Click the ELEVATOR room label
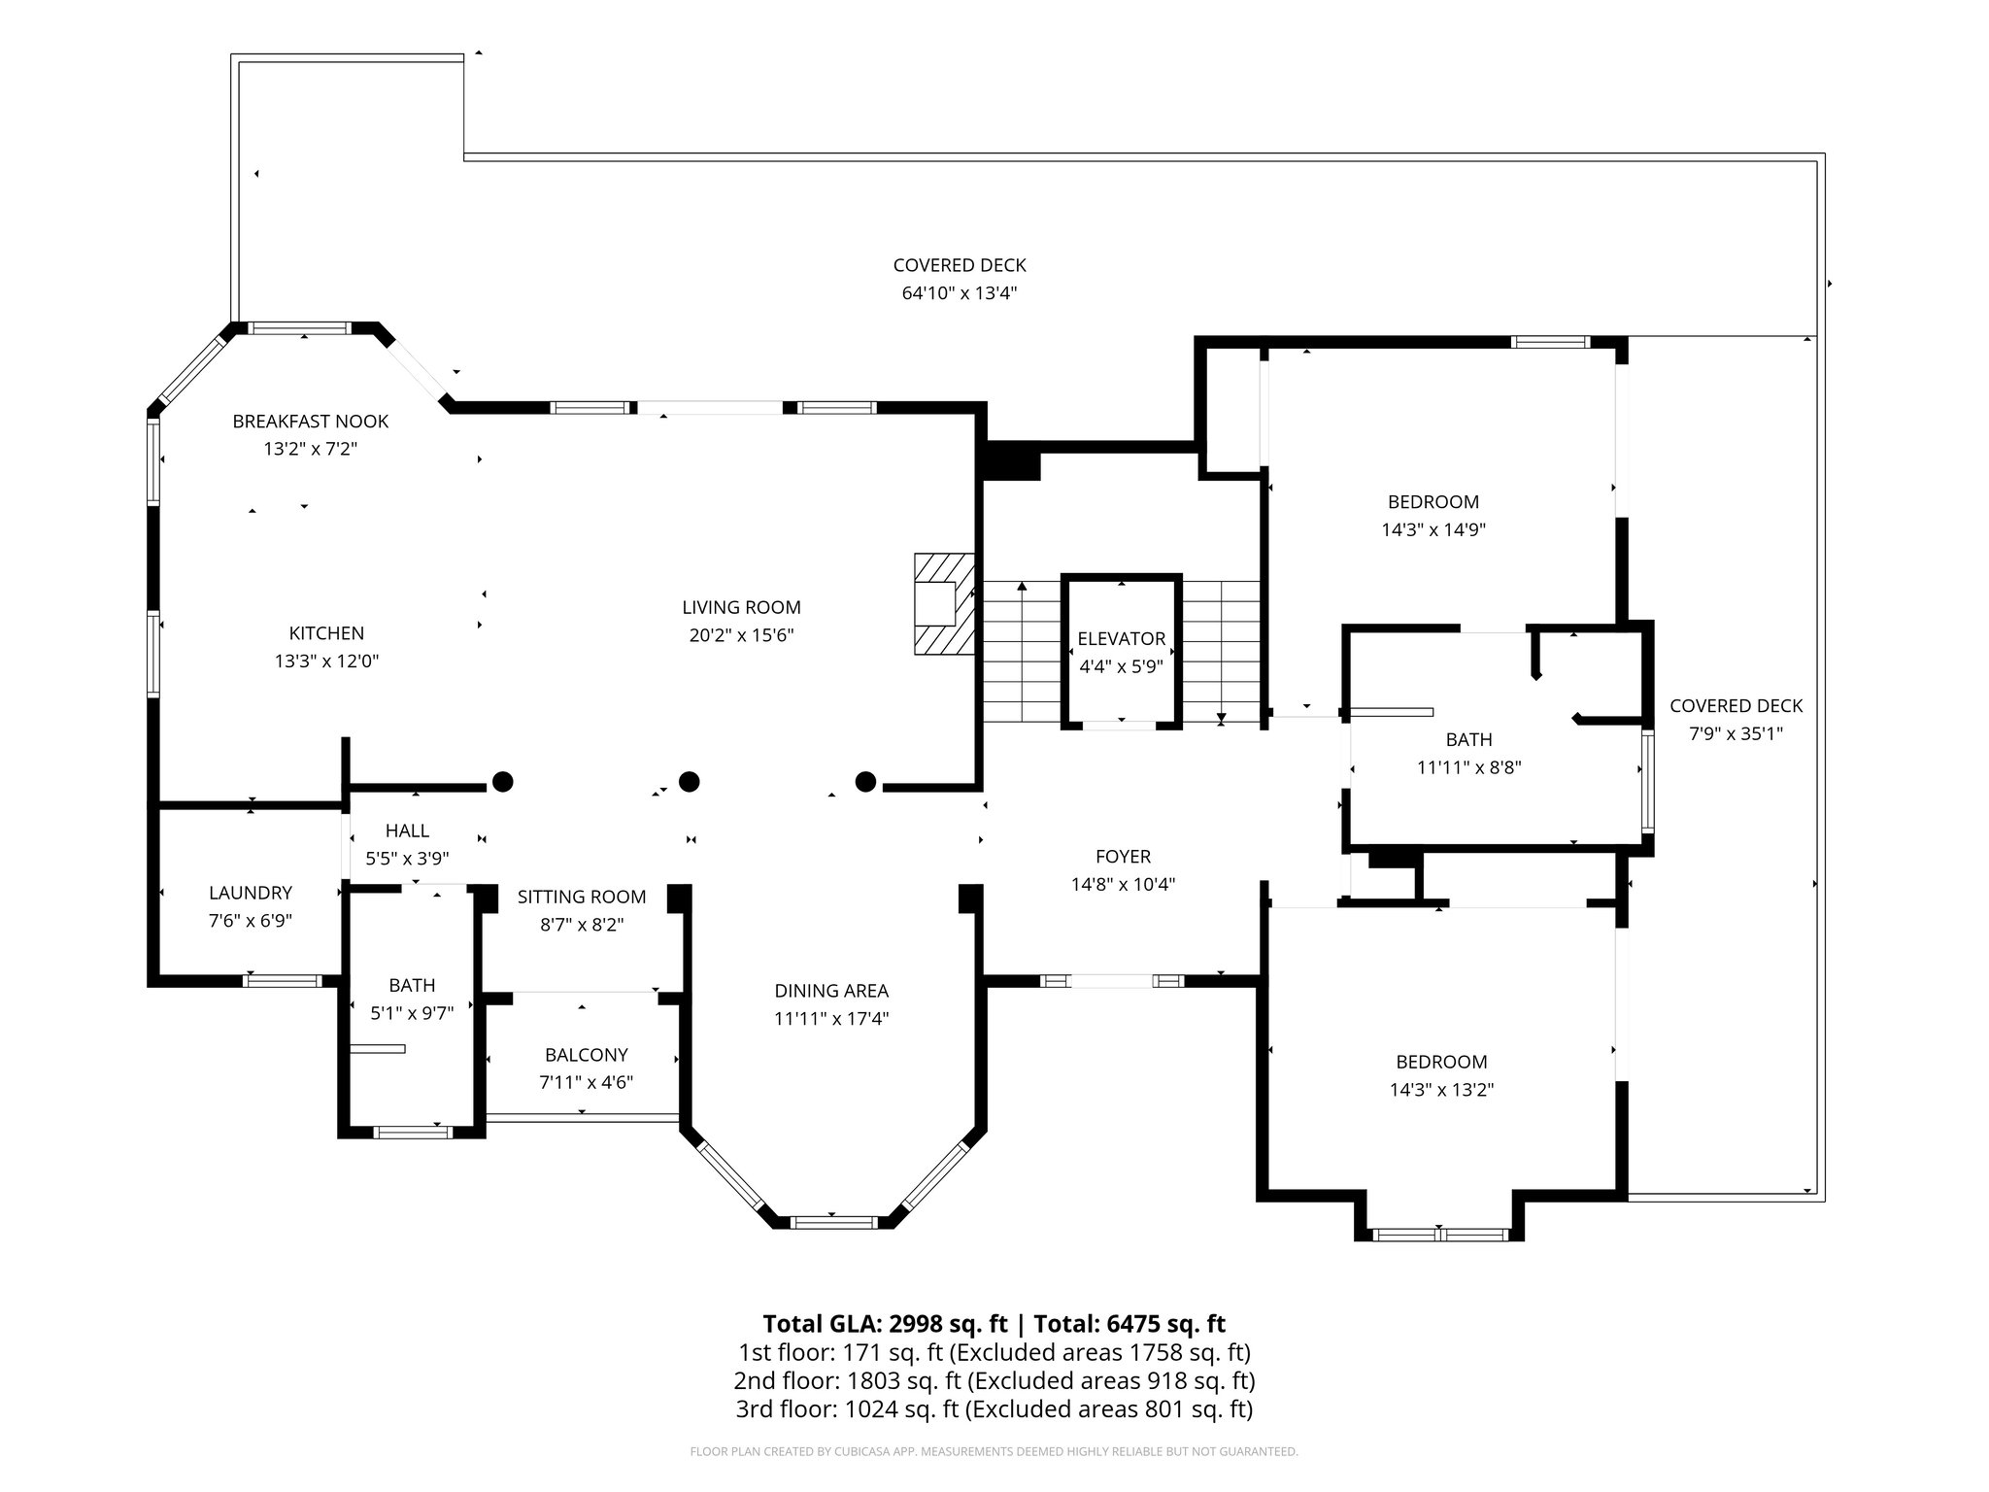(1121, 638)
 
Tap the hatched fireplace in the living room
(942, 603)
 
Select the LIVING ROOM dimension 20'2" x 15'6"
(741, 635)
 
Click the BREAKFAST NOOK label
(310, 421)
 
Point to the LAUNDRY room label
(251, 893)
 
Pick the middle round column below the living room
(689, 781)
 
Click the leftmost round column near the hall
(502, 781)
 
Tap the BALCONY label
(586, 1054)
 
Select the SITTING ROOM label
(581, 897)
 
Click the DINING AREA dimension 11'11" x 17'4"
(831, 1019)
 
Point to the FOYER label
(1123, 857)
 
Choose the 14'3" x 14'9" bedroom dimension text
(1433, 530)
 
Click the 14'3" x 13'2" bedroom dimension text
(1441, 1090)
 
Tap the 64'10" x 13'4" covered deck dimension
(960, 293)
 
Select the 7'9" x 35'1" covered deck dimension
(1736, 734)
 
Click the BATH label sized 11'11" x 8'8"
(1468, 739)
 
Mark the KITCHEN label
(326, 633)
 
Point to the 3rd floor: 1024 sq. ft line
(994, 1408)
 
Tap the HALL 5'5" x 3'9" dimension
(407, 859)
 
